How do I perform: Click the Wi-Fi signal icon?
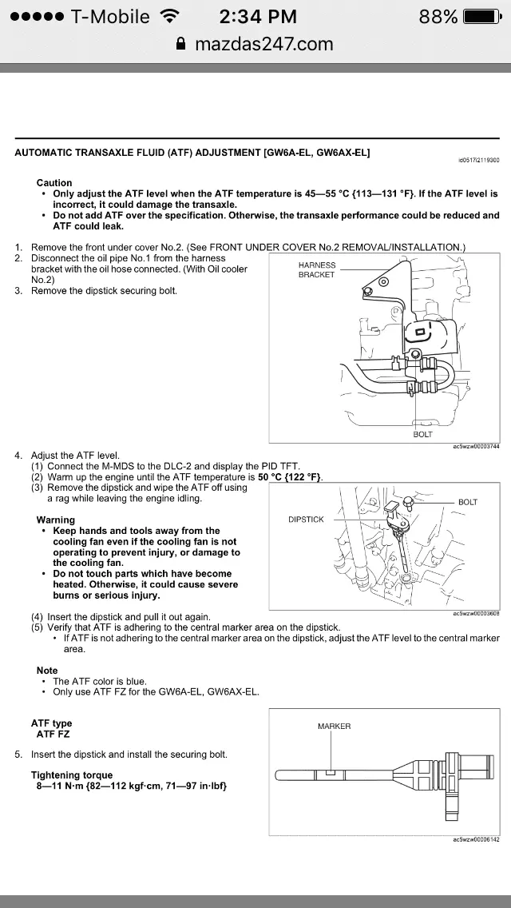tap(169, 16)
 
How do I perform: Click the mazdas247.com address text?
tap(264, 45)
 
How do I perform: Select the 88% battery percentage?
tap(438, 17)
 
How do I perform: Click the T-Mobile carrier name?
tap(110, 17)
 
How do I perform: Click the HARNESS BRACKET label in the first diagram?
tap(317, 270)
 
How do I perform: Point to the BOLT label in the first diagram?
tap(422, 434)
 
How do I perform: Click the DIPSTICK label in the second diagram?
tap(306, 520)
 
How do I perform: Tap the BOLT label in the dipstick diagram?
tap(468, 502)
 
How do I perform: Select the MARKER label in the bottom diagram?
tap(334, 727)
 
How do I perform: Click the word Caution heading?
tap(54, 183)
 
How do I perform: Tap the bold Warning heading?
tap(56, 520)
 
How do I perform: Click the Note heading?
tap(47, 671)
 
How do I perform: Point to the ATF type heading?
tap(51, 723)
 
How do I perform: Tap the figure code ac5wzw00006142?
tap(476, 840)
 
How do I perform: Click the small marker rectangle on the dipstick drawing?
tap(331, 774)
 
